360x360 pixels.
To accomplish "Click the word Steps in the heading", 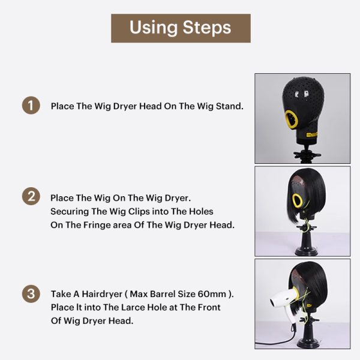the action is [x=206, y=28].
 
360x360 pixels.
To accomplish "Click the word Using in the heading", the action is [x=153, y=28].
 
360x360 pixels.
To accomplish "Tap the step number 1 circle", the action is [x=31, y=106].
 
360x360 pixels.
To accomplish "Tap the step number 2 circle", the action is [x=31, y=197].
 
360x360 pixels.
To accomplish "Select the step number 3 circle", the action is [x=31, y=294].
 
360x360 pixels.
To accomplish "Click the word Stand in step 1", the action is [x=229, y=106].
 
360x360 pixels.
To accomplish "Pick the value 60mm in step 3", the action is [x=212, y=294].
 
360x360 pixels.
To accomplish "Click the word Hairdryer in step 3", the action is [x=102, y=294].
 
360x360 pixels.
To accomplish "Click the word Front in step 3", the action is [x=208, y=307].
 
